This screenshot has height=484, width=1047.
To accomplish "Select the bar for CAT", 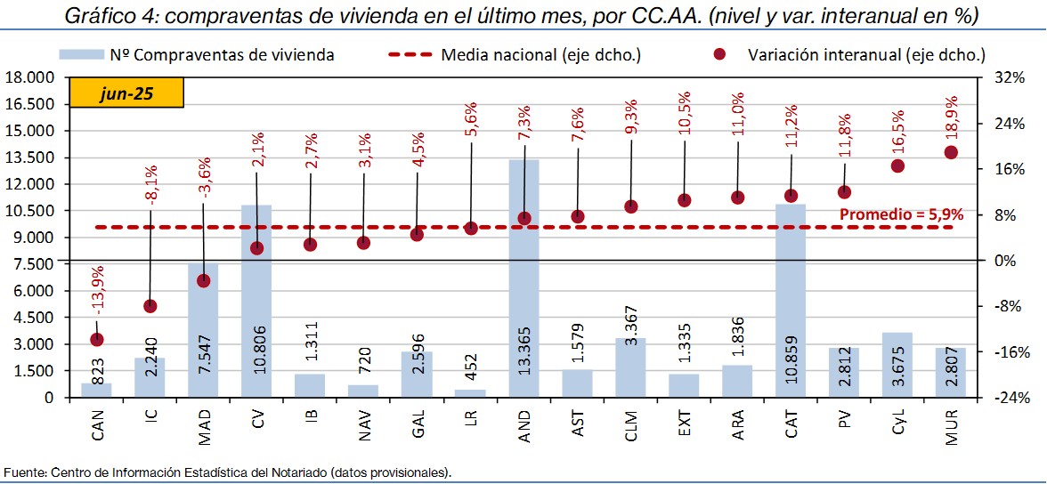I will pyautogui.click(x=791, y=302).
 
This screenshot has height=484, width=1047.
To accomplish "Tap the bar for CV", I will pyautogui.click(x=256, y=302).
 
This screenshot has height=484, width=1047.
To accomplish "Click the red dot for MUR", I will pyautogui.click(x=951, y=152).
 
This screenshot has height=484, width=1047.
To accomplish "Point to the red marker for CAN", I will pyautogui.click(x=96, y=339).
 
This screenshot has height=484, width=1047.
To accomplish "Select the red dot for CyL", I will pyautogui.click(x=897, y=165).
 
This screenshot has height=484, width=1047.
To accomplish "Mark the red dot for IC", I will pyautogui.click(x=150, y=306).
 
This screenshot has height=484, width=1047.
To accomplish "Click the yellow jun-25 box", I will pyautogui.click(x=126, y=93).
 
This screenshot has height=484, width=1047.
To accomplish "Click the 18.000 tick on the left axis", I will pyautogui.click(x=29, y=77).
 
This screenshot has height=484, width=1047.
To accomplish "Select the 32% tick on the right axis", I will pyautogui.click(x=1010, y=77).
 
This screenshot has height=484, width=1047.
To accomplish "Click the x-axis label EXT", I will pyautogui.click(x=684, y=425).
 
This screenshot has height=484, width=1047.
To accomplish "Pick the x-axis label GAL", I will pyautogui.click(x=417, y=425).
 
